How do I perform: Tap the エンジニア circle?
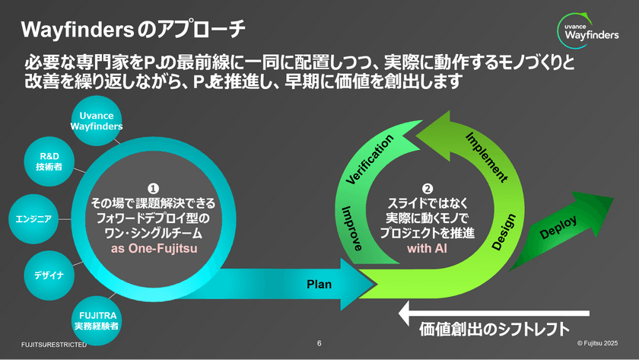[33, 219]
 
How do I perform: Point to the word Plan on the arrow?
[319, 284]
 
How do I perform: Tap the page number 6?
[319, 343]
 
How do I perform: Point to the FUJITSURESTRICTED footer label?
[53, 345]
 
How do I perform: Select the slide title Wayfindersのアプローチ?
[133, 30]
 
